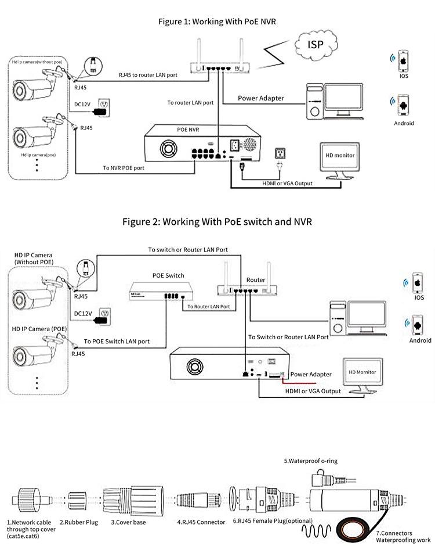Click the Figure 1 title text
coord(217,21)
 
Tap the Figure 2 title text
coord(217,222)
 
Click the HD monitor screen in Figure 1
coord(339,156)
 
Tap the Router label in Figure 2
coord(256,279)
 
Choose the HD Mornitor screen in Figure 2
coord(362,372)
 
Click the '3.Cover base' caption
coord(128,522)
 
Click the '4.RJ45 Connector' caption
coord(201,522)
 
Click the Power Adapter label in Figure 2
coord(311,374)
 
